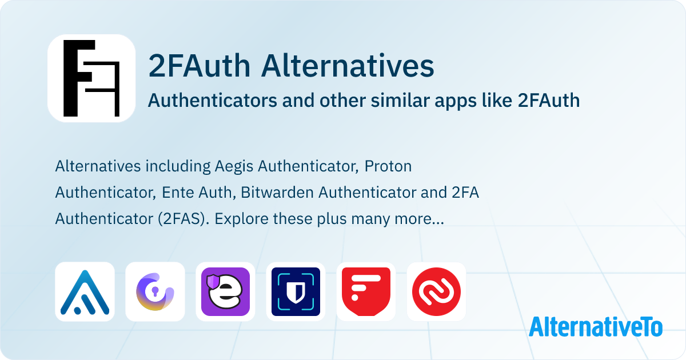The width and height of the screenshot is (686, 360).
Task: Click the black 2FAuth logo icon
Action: [91, 78]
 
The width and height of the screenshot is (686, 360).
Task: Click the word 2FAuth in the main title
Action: [200, 66]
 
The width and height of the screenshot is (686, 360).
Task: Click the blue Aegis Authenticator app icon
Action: [85, 291]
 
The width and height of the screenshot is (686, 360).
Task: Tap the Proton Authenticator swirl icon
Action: [155, 291]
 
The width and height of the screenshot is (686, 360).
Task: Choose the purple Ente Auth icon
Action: [225, 291]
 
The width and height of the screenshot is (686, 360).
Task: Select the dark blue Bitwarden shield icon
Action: [296, 291]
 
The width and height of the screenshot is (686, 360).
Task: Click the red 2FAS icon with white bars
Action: [366, 291]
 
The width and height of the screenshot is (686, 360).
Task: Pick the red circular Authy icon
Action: [436, 291]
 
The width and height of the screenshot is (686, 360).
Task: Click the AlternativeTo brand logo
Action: [596, 326]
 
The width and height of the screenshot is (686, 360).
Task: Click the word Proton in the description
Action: [388, 167]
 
